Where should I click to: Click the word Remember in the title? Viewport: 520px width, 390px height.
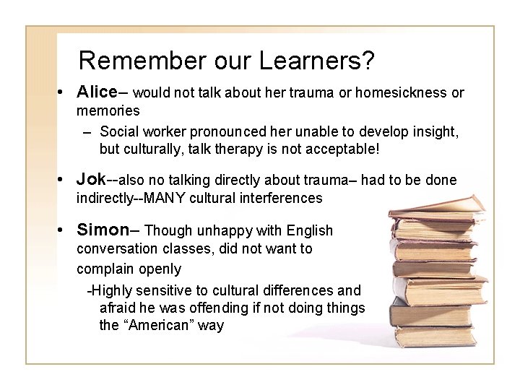[x=127, y=61]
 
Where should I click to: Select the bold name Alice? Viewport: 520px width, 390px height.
[x=97, y=92]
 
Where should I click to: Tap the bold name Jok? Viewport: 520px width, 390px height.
[x=91, y=179]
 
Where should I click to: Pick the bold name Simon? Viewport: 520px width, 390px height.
[x=103, y=230]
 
